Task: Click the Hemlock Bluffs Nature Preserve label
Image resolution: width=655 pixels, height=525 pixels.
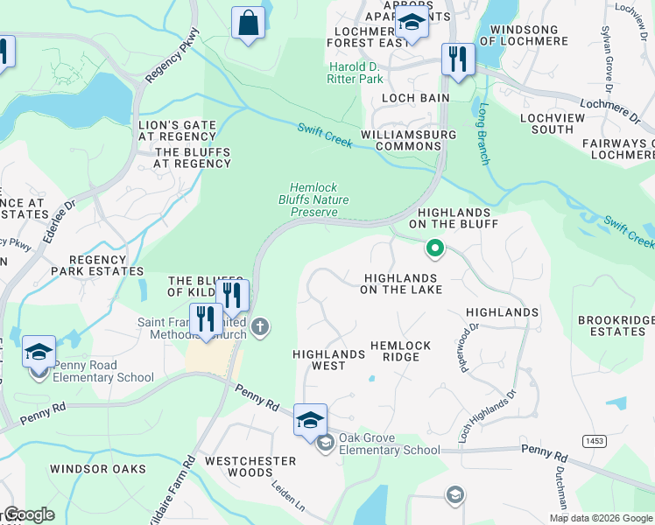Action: coord(320,199)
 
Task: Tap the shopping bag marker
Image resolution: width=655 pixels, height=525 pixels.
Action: coord(249,23)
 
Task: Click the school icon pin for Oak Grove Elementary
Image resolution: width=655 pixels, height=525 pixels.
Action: coord(309,421)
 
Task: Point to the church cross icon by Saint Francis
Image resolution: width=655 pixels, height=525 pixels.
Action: coord(258,327)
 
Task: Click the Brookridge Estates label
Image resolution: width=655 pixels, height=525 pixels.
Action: coord(612,325)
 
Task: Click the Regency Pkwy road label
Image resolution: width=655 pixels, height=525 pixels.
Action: coord(173,57)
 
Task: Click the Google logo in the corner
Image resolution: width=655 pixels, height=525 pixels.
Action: coord(28,514)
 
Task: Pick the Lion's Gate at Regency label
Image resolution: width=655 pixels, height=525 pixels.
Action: coord(177,131)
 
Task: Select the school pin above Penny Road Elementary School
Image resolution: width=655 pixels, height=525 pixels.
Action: coord(39,352)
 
